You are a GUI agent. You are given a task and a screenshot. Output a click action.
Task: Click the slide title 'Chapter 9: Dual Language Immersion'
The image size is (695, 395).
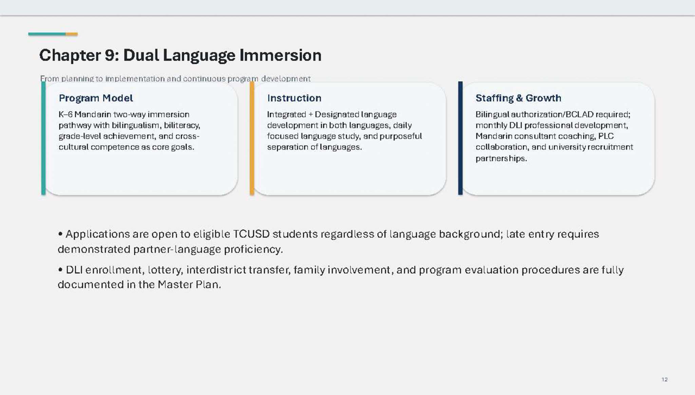[180, 56]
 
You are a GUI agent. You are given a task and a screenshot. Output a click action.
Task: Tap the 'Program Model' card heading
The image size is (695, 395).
[96, 98]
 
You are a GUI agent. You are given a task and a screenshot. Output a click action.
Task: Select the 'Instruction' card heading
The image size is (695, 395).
[294, 98]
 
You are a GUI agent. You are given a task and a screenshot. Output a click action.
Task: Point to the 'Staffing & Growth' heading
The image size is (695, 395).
[518, 98]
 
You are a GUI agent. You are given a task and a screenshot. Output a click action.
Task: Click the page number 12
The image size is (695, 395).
[664, 379]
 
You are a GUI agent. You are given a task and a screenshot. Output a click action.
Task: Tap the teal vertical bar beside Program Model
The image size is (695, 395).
[43, 138]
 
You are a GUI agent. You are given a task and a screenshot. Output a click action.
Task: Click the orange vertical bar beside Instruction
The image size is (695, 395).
[252, 138]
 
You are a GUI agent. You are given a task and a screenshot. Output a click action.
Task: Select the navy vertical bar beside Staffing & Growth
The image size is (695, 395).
[460, 138]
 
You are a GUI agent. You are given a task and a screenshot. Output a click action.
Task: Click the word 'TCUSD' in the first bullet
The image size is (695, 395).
[251, 234]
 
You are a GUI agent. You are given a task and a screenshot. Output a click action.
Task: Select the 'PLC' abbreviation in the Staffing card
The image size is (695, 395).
[606, 136]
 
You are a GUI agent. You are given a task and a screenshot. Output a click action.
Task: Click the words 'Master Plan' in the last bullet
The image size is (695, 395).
[189, 284]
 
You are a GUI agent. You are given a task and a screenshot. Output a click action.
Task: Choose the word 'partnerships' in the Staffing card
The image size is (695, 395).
[501, 159]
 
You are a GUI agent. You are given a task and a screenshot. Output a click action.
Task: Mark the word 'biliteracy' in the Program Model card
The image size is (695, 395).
[182, 126]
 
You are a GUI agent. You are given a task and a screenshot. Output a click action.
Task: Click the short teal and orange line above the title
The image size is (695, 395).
[53, 34]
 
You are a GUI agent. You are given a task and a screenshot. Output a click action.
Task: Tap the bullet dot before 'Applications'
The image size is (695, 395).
[60, 234]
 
